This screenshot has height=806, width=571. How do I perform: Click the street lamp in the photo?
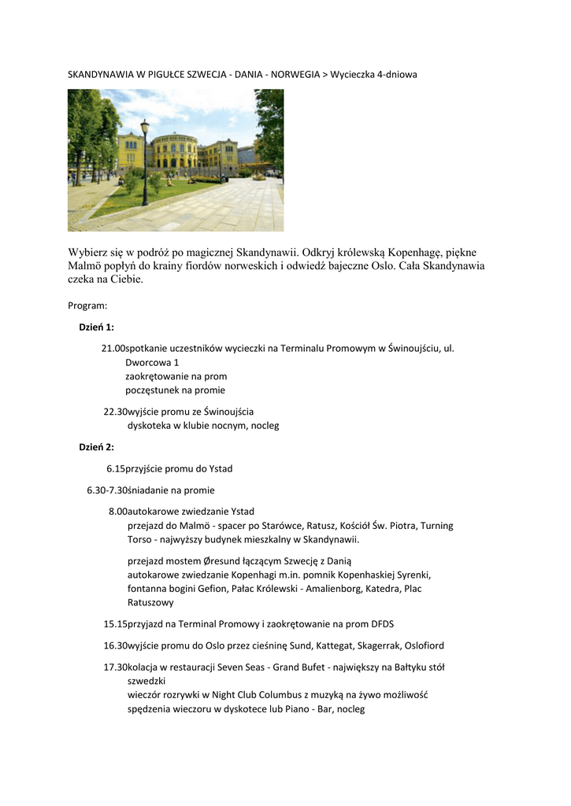(145, 161)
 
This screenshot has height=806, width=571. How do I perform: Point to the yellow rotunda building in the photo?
(174, 153)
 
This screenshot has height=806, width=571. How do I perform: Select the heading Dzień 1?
(96, 327)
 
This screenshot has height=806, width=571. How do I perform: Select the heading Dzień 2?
(96, 447)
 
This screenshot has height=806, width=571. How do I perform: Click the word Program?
(87, 305)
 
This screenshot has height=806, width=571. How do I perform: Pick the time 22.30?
(116, 412)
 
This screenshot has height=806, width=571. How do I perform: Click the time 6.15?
(116, 469)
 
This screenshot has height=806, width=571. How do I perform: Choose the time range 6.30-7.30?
(107, 490)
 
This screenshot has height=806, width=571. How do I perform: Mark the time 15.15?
(116, 624)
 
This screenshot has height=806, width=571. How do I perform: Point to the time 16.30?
(116, 646)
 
